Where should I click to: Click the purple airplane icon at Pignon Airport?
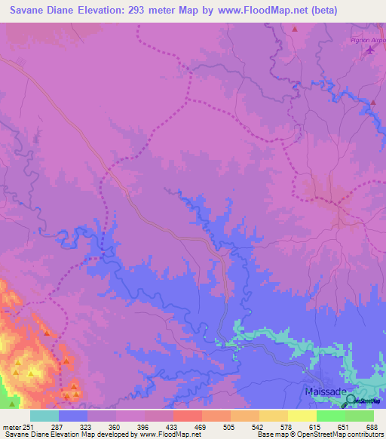click(370, 51)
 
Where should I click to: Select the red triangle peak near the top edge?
click(295, 29)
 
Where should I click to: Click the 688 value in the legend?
click(370, 427)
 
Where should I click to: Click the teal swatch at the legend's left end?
click(44, 416)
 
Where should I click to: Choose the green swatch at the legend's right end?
click(360, 416)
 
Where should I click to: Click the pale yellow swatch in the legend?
click(302, 416)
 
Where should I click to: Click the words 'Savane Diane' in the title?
click(37, 10)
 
